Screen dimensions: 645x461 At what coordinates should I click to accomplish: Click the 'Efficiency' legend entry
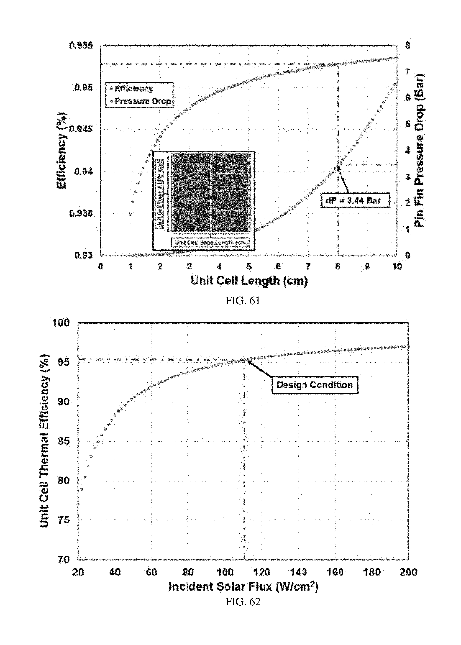click(x=134, y=89)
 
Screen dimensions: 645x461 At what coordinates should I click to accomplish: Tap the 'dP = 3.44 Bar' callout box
click(x=355, y=201)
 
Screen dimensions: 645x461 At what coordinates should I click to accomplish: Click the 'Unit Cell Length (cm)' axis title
click(x=249, y=281)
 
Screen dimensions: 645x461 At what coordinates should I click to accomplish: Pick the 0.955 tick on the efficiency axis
click(x=81, y=45)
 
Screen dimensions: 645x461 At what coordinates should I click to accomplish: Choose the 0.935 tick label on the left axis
click(x=81, y=213)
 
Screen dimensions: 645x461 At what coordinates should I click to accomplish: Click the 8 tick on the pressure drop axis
click(x=408, y=45)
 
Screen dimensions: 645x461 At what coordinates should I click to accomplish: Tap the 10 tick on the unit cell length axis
click(x=397, y=266)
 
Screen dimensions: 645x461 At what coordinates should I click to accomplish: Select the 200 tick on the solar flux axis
click(x=408, y=572)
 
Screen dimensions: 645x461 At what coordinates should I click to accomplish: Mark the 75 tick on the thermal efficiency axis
click(x=64, y=520)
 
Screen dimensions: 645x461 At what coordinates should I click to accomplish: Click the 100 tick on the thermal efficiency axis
click(x=61, y=323)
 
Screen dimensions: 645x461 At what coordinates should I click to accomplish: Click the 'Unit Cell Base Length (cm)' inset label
click(x=210, y=243)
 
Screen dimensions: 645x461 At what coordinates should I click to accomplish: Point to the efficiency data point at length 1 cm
click(x=130, y=215)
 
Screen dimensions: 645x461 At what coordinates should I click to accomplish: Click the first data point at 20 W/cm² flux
click(x=78, y=504)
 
